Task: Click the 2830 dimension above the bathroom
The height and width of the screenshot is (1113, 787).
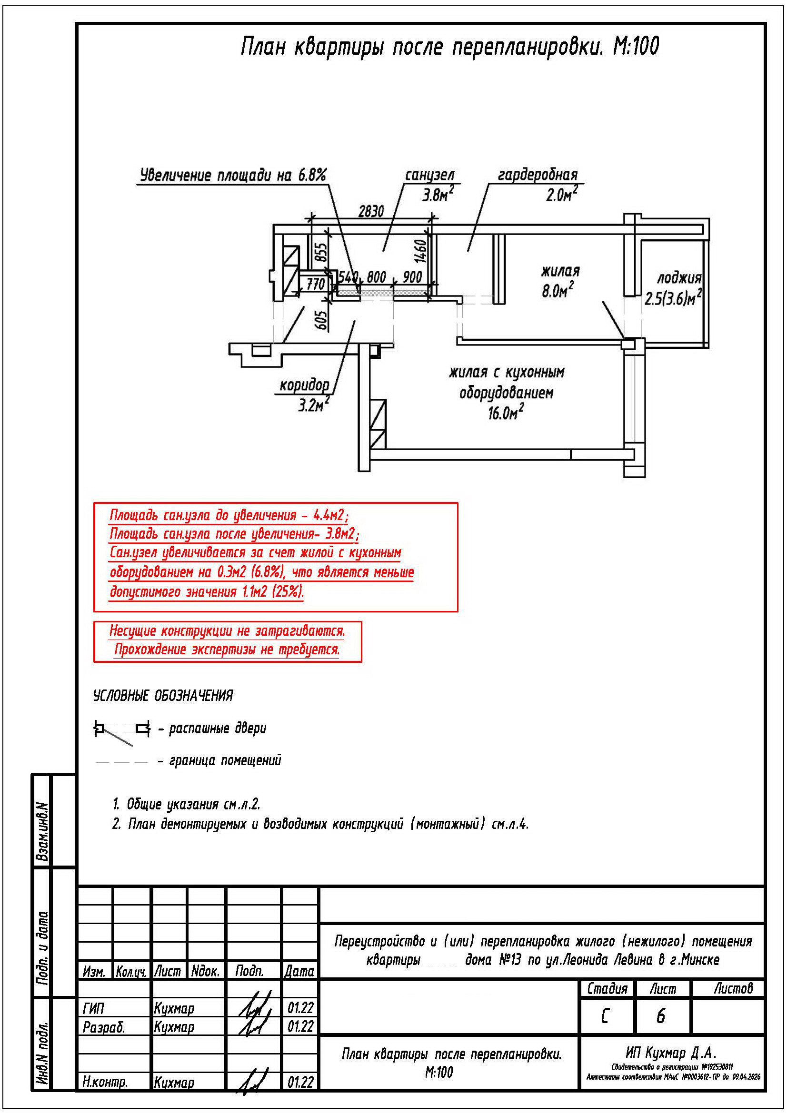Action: click(371, 211)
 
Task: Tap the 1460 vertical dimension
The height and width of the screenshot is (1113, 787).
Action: click(420, 251)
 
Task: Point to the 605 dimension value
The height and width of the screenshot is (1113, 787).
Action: click(321, 320)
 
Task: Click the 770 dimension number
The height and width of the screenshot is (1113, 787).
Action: click(315, 284)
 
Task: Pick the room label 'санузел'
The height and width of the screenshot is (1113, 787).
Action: click(430, 175)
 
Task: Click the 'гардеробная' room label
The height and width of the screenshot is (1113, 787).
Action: click(538, 175)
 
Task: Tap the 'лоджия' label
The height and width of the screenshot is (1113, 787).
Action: click(679, 278)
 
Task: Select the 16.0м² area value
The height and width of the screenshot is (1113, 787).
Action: click(506, 413)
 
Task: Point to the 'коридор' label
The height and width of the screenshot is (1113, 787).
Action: click(304, 385)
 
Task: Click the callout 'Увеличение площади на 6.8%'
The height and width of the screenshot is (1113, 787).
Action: click(233, 175)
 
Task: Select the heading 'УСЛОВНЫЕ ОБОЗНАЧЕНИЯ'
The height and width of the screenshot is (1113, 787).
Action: click(163, 696)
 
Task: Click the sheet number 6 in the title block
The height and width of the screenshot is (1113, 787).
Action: click(660, 1016)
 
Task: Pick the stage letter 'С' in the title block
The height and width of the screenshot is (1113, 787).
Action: click(605, 1016)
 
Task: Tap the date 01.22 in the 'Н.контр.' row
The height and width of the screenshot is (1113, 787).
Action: click(300, 1082)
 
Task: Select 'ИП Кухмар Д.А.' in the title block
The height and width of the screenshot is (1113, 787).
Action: click(671, 1053)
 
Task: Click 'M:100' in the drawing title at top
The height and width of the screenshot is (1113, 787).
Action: click(636, 47)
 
